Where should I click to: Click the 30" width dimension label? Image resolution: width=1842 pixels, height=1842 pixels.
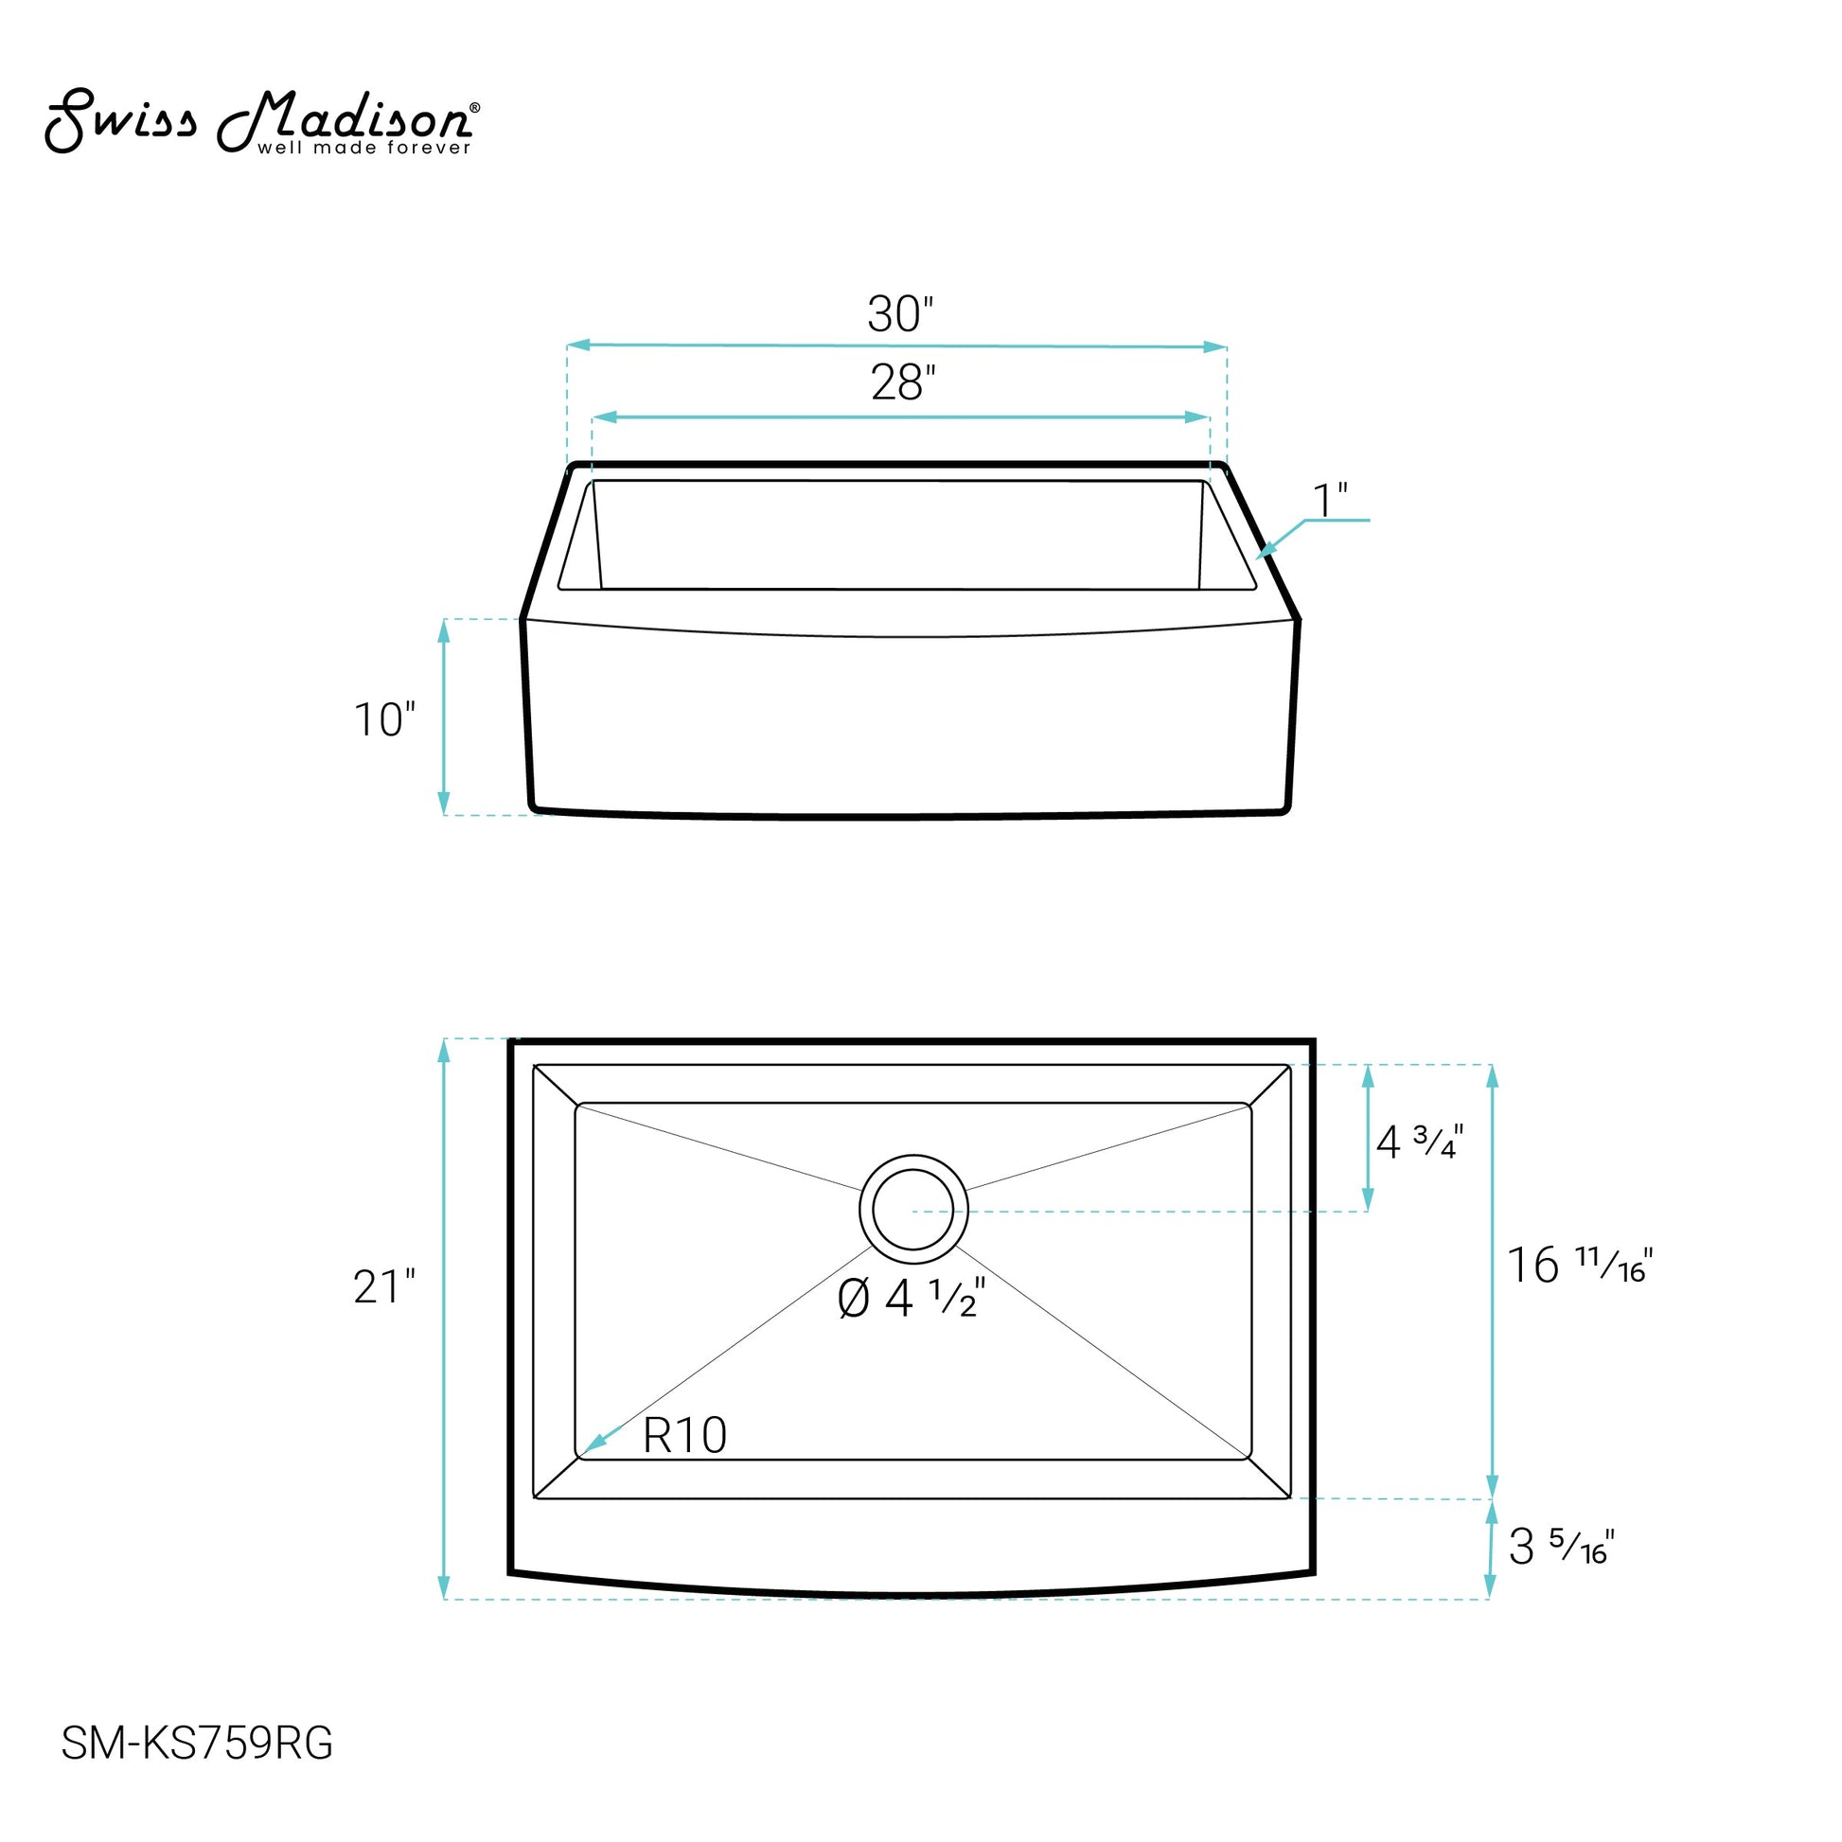pos(900,313)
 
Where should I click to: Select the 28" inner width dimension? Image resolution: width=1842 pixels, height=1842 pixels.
pos(903,382)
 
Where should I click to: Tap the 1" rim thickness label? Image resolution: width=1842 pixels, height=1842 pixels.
pos(1330,500)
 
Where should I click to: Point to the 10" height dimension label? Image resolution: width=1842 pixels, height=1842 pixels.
pos(384,719)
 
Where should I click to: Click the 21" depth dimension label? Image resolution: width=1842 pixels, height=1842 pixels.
pos(384,1287)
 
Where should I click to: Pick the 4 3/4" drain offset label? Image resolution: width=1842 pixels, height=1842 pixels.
pos(1420,1142)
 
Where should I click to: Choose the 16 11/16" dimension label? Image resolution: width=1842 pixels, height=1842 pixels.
pos(1579,1266)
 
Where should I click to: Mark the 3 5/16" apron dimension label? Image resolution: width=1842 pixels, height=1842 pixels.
pos(1561,1547)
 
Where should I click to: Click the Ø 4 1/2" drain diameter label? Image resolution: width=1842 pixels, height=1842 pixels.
pos(912,1298)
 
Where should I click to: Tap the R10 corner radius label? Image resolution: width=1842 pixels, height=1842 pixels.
pos(684,1435)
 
